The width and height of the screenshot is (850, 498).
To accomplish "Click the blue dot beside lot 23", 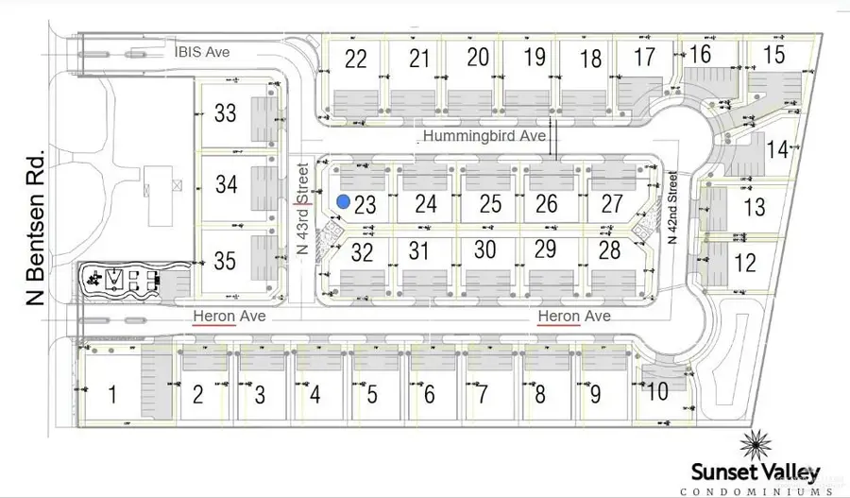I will click(345, 201).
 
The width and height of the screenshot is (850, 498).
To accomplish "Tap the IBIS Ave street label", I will click(200, 52).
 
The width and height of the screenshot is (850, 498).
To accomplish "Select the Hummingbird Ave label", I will click(484, 137).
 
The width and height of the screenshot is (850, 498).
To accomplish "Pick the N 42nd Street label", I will click(673, 208).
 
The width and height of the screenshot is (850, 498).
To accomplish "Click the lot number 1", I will click(112, 394).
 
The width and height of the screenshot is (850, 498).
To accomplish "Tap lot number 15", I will click(773, 55).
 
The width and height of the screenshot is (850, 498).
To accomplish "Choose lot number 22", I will click(356, 59).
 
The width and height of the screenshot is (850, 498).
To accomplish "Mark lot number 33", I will click(225, 113).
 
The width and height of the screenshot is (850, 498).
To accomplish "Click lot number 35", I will click(225, 257).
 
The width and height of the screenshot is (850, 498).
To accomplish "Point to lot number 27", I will click(612, 203).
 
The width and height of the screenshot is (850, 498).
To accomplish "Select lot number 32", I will click(362, 252).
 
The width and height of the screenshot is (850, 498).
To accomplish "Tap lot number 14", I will click(777, 148).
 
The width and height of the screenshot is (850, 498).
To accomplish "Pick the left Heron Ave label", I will click(229, 317).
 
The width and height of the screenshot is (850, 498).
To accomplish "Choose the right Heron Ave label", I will click(574, 317).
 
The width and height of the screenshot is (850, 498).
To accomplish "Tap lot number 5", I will click(372, 394).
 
